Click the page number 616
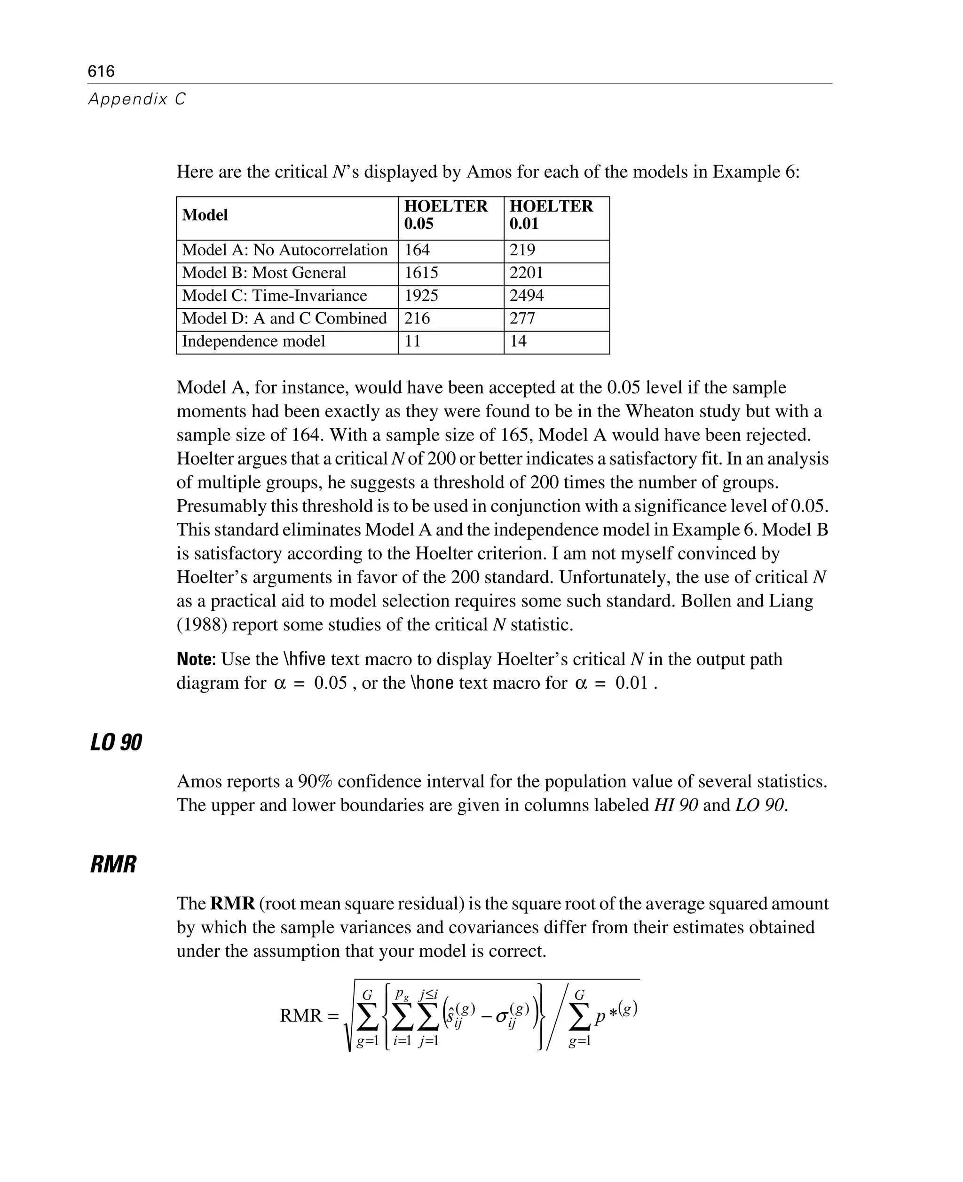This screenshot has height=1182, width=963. [101, 71]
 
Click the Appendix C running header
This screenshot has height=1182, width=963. [137, 99]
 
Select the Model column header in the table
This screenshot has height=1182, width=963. [205, 215]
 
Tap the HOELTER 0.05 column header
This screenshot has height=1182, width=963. [445, 215]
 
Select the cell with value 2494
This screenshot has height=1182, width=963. [527, 296]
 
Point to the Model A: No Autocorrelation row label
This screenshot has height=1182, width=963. [284, 250]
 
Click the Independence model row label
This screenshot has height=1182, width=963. [253, 341]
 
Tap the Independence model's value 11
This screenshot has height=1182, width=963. [413, 341]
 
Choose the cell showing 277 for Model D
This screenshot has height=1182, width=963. [522, 318]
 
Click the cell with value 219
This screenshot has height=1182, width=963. [522, 250]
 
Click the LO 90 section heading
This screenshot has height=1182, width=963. [116, 743]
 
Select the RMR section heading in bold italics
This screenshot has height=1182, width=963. [113, 865]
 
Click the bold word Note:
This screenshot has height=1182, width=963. [196, 660]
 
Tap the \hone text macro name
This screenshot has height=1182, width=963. [432, 683]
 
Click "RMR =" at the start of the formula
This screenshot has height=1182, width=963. [309, 1016]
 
